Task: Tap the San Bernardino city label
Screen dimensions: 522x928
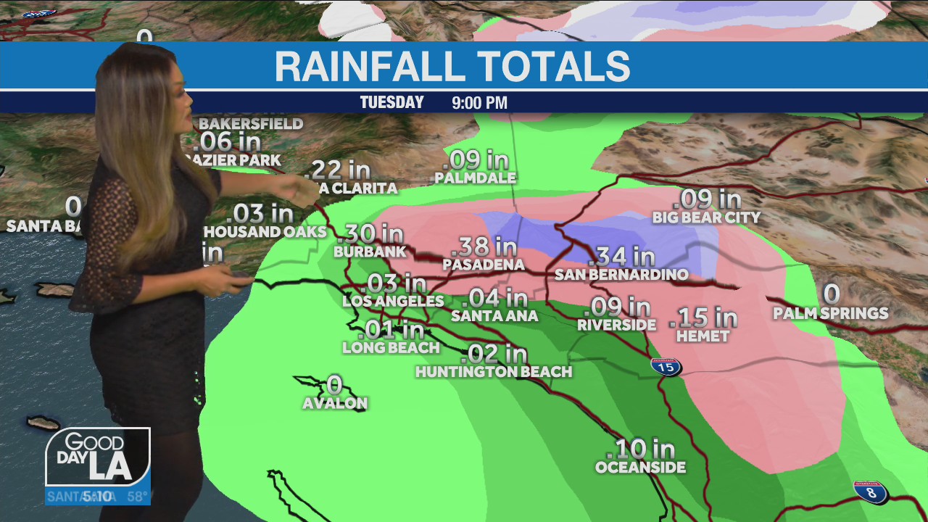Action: tap(621, 275)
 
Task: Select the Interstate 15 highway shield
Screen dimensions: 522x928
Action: tap(666, 366)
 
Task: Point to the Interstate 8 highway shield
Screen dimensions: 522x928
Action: tap(870, 492)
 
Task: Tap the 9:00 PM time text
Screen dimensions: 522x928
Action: tap(479, 103)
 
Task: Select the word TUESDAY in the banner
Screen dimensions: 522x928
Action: tap(391, 102)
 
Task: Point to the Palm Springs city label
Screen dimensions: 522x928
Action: tap(830, 313)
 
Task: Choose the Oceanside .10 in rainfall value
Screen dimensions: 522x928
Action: tap(645, 449)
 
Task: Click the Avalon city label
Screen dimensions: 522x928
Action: tap(335, 403)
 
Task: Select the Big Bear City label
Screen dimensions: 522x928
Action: tap(706, 217)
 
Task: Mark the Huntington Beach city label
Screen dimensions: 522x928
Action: tap(494, 372)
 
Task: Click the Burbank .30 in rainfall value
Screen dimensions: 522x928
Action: tap(371, 233)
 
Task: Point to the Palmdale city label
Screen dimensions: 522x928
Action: tap(476, 178)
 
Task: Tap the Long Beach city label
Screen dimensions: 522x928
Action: tap(391, 347)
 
